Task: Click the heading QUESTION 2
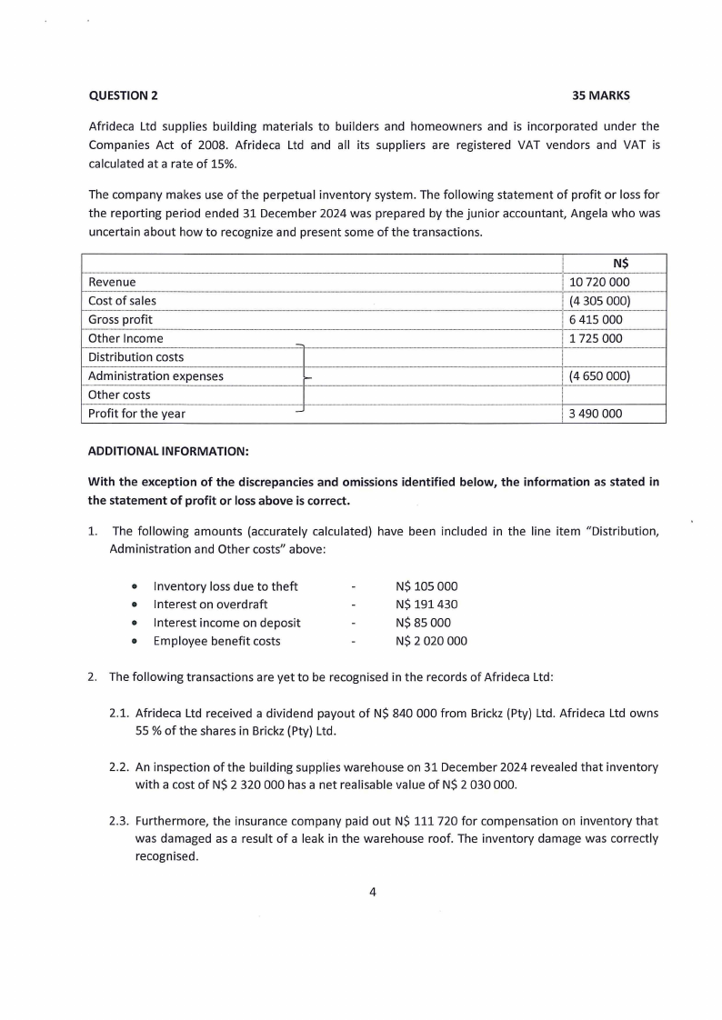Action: click(122, 95)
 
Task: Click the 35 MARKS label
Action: click(600, 95)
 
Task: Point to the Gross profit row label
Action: click(120, 320)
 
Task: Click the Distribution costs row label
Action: click(135, 357)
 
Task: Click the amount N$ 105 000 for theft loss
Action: click(426, 586)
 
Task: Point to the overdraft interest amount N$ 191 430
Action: click(426, 605)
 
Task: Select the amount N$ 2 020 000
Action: click(431, 641)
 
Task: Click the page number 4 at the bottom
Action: click(373, 891)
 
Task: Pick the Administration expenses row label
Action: click(155, 375)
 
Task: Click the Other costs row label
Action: click(119, 395)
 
